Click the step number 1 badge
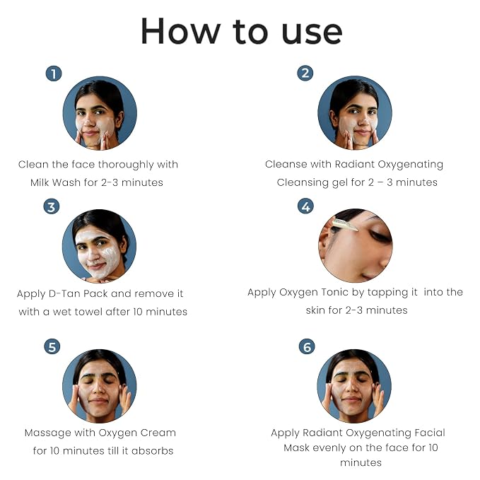(x=54, y=74)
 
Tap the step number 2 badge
(x=305, y=74)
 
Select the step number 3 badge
(x=52, y=206)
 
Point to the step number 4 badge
(x=306, y=206)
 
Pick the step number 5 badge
(x=52, y=347)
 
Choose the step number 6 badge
(x=307, y=347)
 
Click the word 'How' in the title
(x=180, y=31)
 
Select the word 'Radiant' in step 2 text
(x=354, y=164)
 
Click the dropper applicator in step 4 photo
(x=345, y=225)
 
